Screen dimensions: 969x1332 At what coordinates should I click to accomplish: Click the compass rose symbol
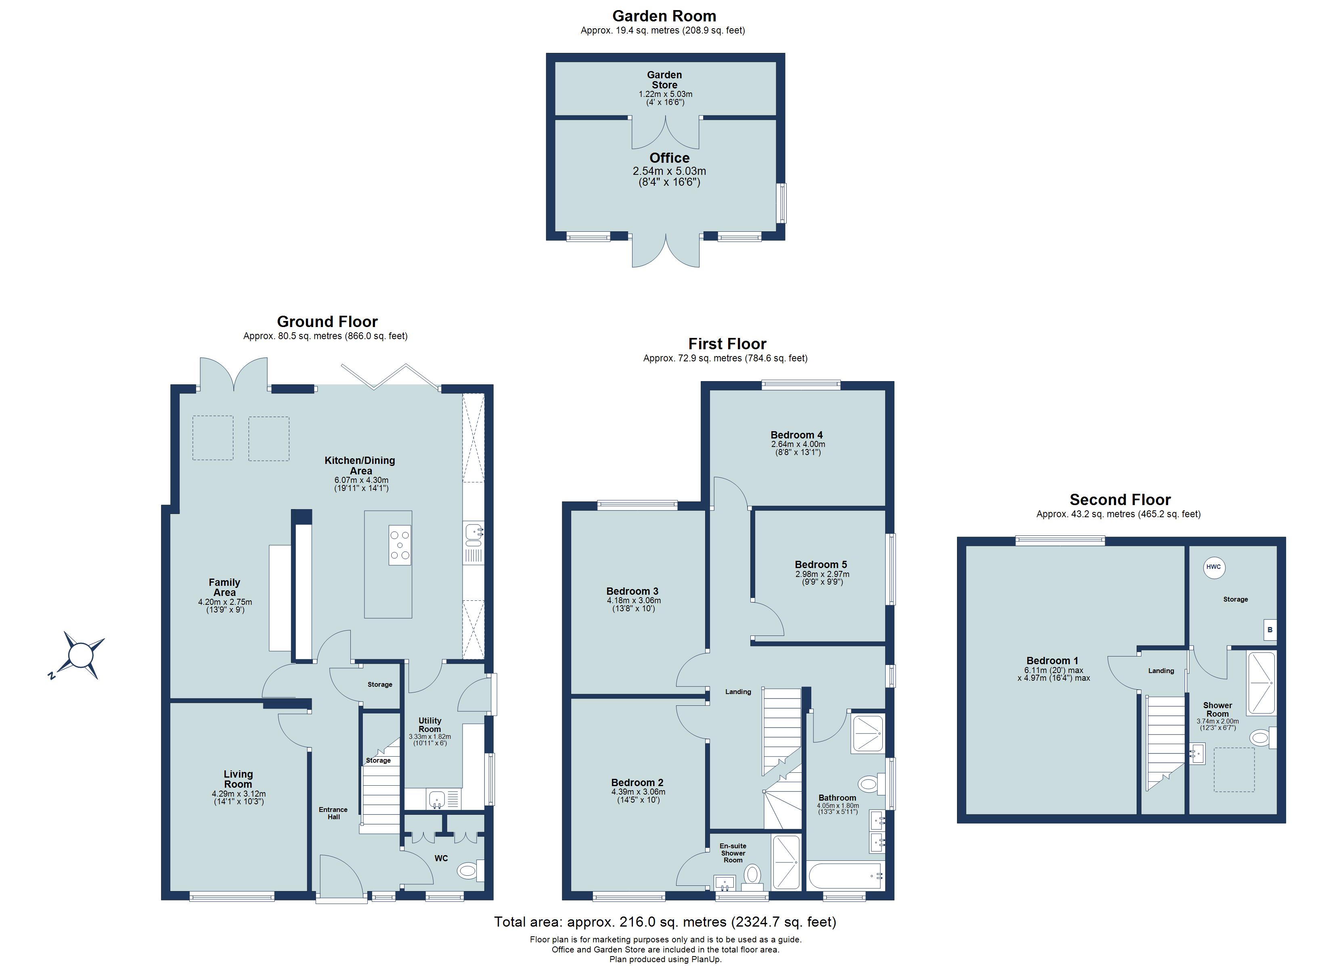pos(81,654)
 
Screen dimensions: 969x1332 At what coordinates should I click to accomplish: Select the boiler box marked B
pos(1270,630)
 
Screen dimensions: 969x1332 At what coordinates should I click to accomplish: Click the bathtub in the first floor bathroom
pos(844,876)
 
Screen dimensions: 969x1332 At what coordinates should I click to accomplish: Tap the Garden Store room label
pos(664,80)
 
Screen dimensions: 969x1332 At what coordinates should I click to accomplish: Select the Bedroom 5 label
pos(821,564)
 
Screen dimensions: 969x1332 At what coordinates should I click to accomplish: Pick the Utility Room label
pos(429,725)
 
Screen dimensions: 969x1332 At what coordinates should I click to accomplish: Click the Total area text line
pos(665,922)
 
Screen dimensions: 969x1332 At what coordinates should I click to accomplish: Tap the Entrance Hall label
pos(333,813)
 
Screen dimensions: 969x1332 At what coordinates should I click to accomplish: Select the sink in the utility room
pos(436,799)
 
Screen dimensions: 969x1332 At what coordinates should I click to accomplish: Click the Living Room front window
pos(232,896)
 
